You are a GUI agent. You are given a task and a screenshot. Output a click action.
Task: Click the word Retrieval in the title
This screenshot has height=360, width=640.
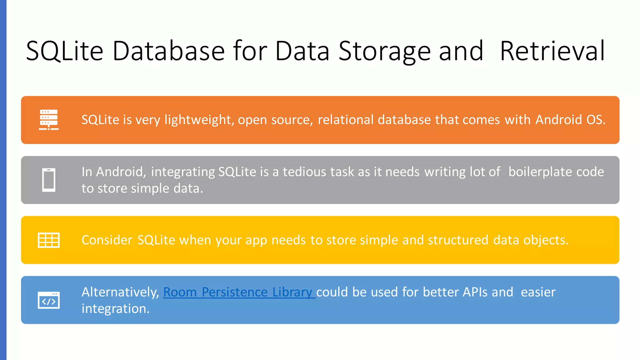(552, 51)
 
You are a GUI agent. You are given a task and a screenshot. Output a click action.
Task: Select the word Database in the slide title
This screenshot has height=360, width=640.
(168, 51)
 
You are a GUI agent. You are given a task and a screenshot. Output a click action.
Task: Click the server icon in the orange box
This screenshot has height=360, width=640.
(49, 120)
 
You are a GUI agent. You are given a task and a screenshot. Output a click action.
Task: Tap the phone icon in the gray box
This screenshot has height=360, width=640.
(49, 180)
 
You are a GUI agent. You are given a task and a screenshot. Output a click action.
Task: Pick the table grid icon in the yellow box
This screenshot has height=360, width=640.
(49, 240)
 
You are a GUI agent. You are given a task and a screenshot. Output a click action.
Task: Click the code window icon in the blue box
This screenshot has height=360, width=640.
(49, 300)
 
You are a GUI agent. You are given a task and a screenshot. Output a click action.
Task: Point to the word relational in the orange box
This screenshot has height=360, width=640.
(346, 120)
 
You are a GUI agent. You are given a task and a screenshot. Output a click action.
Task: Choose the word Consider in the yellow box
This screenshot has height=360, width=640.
(107, 240)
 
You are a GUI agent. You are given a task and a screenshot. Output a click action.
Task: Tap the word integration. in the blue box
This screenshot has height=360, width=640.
(116, 309)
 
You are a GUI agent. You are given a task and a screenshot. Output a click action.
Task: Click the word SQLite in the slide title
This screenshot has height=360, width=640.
(65, 51)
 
